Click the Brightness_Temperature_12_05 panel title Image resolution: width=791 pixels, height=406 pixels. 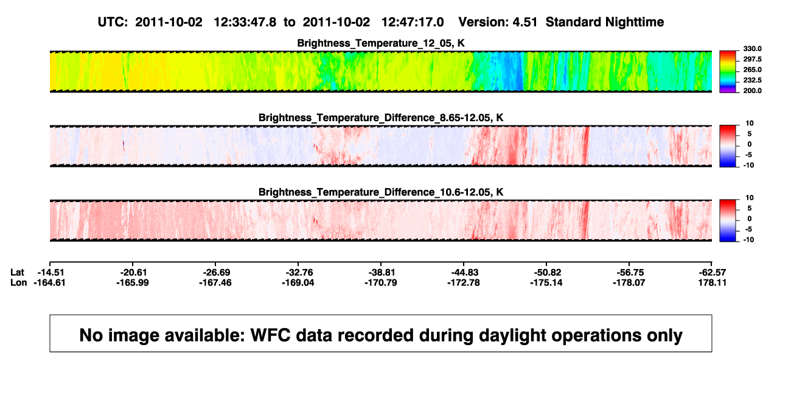pos(381,43)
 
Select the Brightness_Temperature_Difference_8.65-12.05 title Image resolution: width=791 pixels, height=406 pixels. pos(381,118)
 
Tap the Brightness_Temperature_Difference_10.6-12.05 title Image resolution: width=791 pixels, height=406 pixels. pos(381,192)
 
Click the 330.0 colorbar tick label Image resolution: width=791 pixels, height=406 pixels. pos(752,49)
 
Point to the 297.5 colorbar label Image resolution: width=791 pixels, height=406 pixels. pos(752,60)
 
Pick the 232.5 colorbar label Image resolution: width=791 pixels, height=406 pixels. pos(752,80)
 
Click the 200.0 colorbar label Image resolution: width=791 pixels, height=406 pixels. pos(752,91)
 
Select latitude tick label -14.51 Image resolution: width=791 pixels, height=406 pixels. pos(51,273)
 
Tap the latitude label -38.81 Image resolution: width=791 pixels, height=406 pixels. pos(382,273)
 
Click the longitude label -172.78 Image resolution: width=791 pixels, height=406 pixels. pos(464,283)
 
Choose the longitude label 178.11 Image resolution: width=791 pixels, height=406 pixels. pos(713,283)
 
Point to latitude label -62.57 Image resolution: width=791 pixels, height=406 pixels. pos(713,273)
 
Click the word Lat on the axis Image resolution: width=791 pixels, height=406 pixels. pos(17,273)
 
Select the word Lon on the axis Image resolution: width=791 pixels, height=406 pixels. pos(19,283)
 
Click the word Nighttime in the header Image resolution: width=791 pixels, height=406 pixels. pos(634,23)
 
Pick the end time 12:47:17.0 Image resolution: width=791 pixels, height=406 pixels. pos(413,23)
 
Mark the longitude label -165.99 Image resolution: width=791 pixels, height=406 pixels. pos(133,283)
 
